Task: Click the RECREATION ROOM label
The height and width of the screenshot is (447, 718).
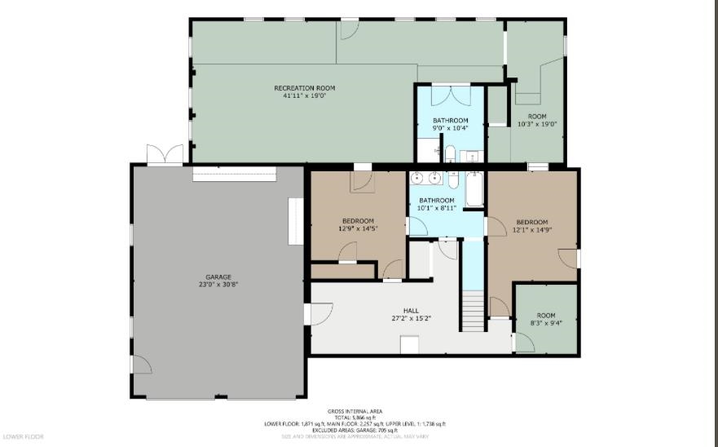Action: pos(304,88)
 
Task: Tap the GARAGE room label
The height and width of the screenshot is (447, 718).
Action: pos(218,277)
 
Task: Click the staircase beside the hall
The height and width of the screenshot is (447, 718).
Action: pos(474,313)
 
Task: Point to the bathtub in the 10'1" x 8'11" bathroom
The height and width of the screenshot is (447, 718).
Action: pos(475,189)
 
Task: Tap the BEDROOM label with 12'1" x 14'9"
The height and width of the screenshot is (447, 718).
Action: pos(531,222)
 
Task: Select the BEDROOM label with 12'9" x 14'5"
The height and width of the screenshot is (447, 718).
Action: pos(358,221)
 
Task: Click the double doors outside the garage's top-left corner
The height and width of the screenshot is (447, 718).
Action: pos(159,154)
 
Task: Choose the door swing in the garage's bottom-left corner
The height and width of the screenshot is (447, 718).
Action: pos(141,366)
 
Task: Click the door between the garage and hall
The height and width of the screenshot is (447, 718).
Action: pos(318,314)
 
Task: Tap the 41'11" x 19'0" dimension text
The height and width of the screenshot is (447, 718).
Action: pos(304,96)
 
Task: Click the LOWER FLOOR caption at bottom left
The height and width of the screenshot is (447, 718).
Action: pos(22,436)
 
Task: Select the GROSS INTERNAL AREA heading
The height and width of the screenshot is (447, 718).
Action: pos(355,411)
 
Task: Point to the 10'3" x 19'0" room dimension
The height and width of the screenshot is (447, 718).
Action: pos(537,124)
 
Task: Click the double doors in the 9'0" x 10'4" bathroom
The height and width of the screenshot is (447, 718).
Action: pos(451,95)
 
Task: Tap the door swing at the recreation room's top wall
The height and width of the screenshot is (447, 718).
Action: pos(348,30)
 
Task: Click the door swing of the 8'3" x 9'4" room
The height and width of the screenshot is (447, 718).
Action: pos(524,342)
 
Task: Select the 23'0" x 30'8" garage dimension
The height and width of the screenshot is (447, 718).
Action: pos(218,284)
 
